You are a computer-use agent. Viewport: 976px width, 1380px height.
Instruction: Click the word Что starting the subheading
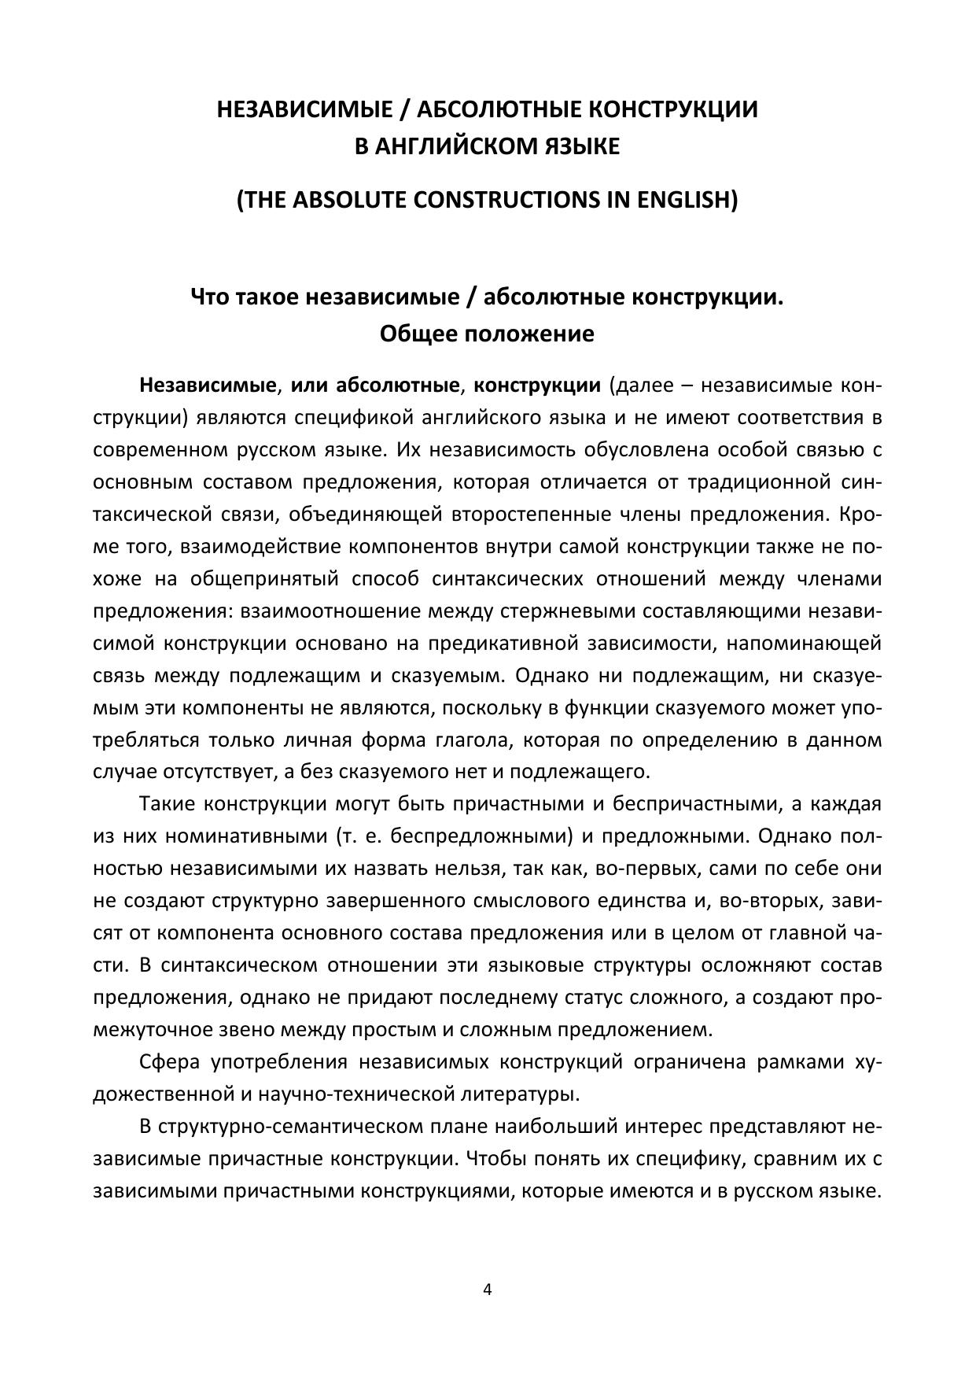[x=212, y=298]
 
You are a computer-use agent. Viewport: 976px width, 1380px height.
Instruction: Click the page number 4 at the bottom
[x=488, y=1289]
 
